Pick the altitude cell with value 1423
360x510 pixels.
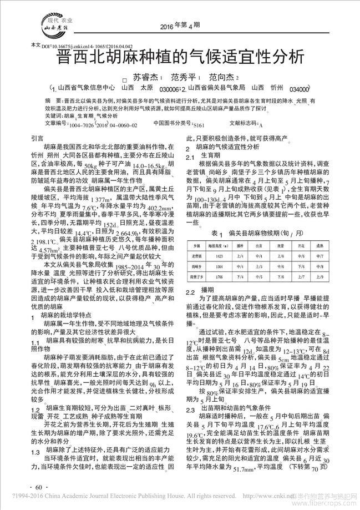(x=215, y=256)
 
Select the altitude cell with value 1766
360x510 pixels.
(x=215, y=275)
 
